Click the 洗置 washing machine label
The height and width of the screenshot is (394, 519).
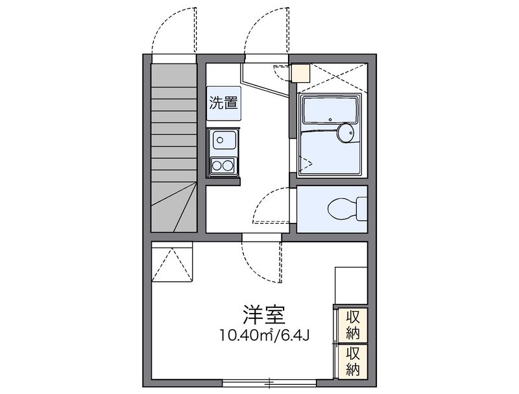(x=223, y=104)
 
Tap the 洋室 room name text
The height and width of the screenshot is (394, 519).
(x=264, y=315)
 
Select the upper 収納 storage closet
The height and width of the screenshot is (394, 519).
(x=353, y=325)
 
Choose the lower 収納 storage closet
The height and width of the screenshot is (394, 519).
(x=353, y=362)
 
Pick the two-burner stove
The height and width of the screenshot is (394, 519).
(x=223, y=165)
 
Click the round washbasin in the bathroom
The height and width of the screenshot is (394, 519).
(x=346, y=133)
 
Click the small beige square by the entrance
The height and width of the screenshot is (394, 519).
(x=300, y=73)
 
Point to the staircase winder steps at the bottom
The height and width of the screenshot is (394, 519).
(x=174, y=207)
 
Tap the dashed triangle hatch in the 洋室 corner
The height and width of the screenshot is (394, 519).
(x=172, y=265)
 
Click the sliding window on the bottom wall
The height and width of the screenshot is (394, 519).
(x=269, y=383)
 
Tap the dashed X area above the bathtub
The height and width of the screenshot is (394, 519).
(x=332, y=77)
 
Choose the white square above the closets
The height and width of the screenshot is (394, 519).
(x=351, y=285)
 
